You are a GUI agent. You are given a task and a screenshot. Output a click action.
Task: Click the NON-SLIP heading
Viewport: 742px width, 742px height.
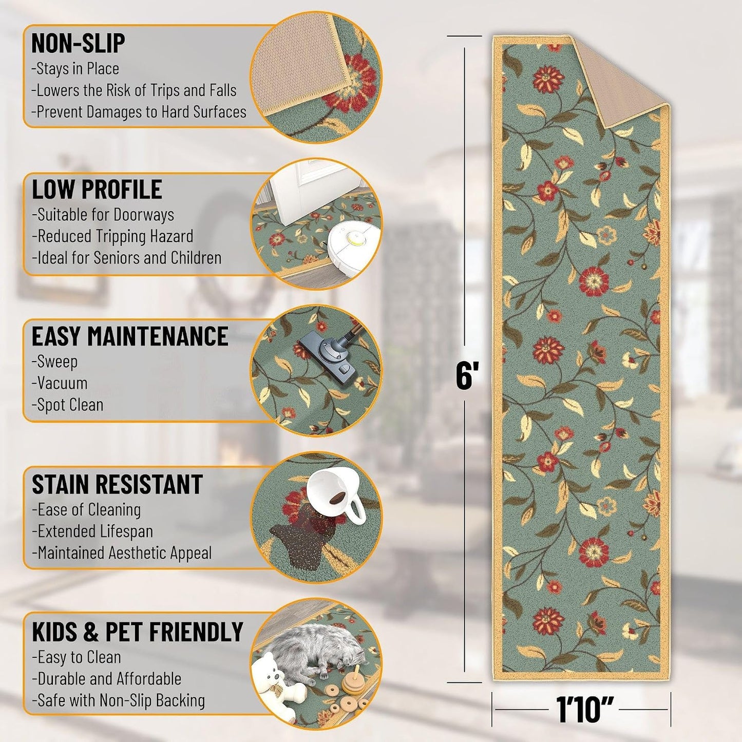coord(78,43)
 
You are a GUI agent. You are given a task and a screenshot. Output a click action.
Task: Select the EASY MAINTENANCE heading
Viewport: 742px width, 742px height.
coord(130,336)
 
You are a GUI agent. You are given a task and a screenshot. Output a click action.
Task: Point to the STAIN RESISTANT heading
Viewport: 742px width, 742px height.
coord(117,484)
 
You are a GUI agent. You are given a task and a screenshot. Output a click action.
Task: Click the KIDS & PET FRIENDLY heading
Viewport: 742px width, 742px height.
coord(138,632)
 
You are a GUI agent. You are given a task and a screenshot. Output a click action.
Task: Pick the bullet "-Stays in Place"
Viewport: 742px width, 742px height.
coord(75,69)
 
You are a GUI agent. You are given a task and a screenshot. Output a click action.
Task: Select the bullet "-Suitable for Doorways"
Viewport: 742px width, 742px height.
coord(103,215)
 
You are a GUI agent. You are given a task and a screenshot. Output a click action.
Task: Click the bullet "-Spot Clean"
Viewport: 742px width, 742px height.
coord(67,405)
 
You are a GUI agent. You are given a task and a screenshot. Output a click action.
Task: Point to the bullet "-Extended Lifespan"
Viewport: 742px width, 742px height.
coord(92,531)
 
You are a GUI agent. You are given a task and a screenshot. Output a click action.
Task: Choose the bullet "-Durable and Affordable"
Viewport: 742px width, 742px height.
coord(106,679)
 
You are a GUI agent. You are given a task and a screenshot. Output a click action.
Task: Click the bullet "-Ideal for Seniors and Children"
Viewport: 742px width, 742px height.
coord(127,258)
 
